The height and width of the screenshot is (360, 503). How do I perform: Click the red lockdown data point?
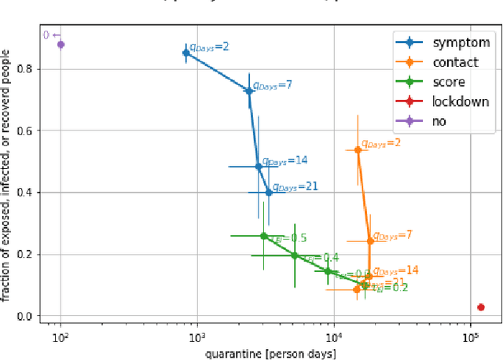[481, 307]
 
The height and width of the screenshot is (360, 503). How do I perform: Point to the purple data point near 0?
[61, 45]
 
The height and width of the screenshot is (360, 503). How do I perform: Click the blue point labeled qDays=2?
[186, 53]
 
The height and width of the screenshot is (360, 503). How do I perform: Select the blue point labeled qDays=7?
[249, 91]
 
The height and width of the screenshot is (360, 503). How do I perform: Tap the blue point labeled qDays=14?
[259, 167]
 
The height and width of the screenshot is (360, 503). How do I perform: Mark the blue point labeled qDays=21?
[269, 192]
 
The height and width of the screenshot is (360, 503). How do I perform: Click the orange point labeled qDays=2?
[358, 150]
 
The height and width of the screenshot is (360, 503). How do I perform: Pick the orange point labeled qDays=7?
[370, 241]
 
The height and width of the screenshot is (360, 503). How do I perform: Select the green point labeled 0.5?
[264, 236]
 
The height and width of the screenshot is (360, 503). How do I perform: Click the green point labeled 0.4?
[295, 255]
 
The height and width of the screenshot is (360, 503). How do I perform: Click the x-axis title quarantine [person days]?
[270, 353]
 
